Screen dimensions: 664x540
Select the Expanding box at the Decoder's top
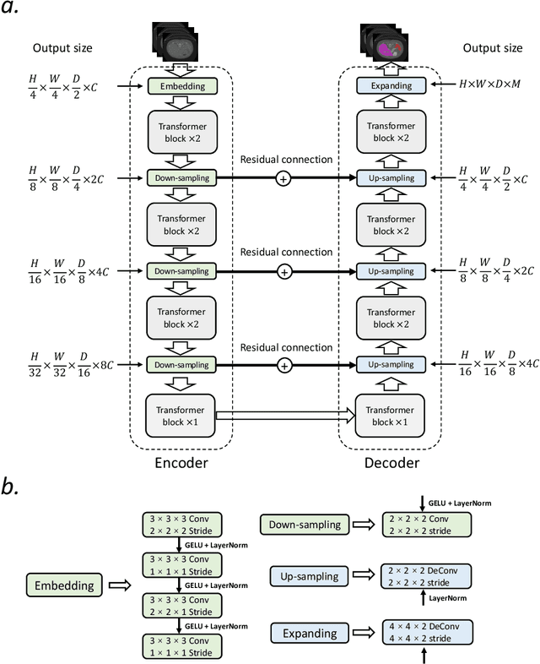[391, 85]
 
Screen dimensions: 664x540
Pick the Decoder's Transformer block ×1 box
[391, 416]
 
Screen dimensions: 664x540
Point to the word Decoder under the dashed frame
[391, 464]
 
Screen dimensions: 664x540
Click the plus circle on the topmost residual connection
[285, 178]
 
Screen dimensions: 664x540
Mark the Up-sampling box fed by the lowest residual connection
[391, 364]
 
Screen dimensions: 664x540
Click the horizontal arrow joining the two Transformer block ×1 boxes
[285, 416]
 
